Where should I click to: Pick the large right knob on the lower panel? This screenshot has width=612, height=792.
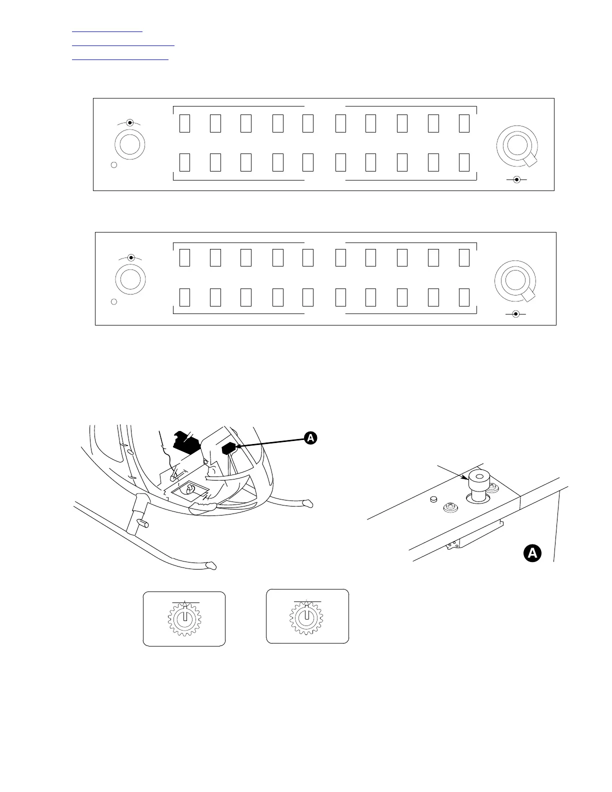point(514,280)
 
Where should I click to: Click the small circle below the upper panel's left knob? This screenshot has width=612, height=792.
point(114,165)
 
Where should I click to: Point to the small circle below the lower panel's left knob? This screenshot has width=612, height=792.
point(114,302)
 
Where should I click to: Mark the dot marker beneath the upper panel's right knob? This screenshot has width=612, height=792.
point(516,179)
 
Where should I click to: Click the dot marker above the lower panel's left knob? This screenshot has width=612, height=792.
point(131,258)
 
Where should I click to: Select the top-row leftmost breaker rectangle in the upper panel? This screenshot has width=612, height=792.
point(184,123)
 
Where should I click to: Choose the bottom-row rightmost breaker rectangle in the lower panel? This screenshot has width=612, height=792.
point(464,297)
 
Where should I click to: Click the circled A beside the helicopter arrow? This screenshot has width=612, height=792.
point(310,438)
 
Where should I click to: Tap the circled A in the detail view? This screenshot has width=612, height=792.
point(532,553)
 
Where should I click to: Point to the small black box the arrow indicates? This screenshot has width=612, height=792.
point(228,448)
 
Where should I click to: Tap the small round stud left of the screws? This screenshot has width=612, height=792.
point(433,498)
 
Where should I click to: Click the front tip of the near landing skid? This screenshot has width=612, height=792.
point(212,566)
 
